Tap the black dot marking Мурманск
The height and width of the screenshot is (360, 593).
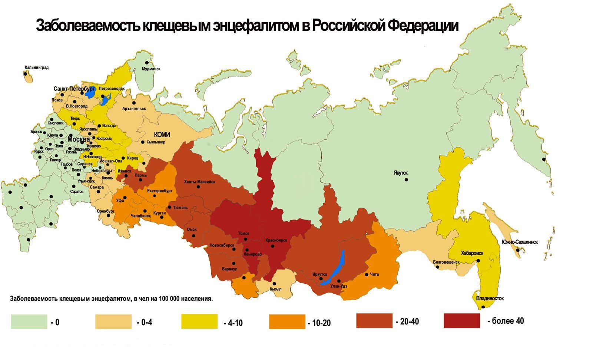click(147, 63)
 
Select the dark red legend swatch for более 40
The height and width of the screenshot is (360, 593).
click(461, 321)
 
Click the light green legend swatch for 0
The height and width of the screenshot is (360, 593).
click(29, 322)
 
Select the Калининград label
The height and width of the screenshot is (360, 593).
click(36, 67)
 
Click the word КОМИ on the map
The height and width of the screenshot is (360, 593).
click(162, 135)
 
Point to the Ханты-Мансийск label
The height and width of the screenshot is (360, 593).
click(199, 182)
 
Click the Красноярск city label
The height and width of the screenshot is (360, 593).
click(276, 240)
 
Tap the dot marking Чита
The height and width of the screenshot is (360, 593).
click(367, 274)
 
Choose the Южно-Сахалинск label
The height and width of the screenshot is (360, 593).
click(519, 242)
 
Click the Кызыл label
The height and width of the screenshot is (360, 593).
click(276, 289)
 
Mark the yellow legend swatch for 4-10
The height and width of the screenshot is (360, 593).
click(199, 321)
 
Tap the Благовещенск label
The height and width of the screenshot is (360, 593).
click(446, 262)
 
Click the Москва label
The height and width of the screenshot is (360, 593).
click(79, 139)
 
